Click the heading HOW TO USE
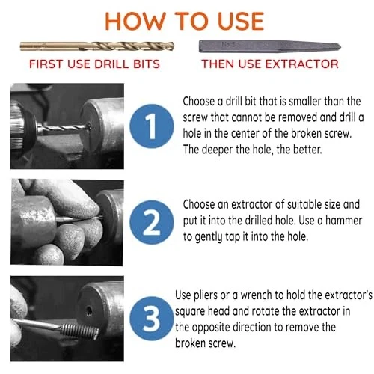tap(185, 22)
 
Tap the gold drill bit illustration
tap(97, 46)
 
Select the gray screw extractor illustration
tap(270, 46)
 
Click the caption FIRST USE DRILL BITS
tap(94, 64)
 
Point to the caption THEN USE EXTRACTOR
tap(270, 64)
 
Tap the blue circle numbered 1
tap(152, 126)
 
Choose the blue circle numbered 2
tap(152, 222)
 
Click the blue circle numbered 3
tap(152, 319)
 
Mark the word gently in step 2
tap(209, 237)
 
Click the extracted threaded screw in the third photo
tap(80, 331)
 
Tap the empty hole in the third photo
tap(89, 311)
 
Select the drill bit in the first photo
tap(64, 128)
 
